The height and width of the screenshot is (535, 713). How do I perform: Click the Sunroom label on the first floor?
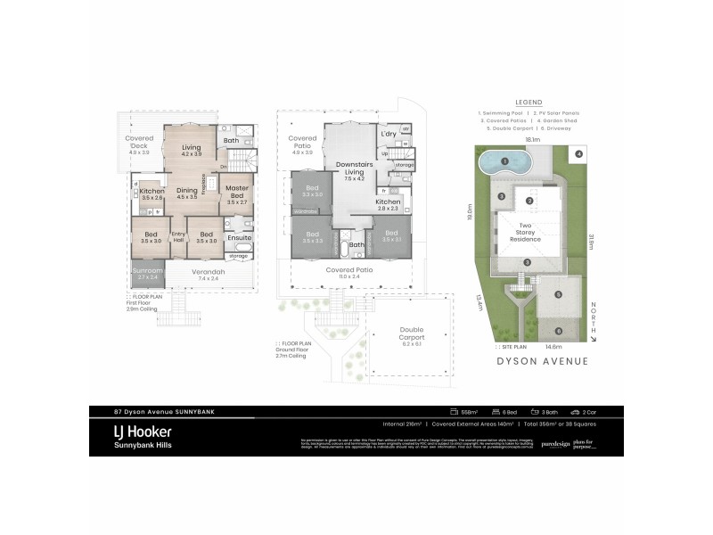tap(145, 272)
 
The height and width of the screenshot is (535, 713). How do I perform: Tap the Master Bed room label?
tap(237, 192)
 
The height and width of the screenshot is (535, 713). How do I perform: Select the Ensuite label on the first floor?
tap(238, 238)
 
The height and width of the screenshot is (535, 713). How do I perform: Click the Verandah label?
tap(208, 272)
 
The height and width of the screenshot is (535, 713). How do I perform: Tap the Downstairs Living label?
tap(354, 169)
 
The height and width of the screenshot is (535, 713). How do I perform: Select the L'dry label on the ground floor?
tap(388, 134)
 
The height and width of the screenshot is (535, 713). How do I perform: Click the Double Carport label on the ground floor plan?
tap(412, 335)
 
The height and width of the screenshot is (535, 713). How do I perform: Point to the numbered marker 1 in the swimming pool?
tap(504, 161)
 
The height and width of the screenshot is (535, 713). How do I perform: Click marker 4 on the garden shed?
tap(578, 154)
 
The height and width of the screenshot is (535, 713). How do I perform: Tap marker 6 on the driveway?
tap(559, 330)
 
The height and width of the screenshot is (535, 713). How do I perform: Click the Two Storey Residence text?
tap(527, 233)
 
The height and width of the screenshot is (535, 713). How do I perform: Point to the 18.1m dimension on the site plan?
tap(532, 140)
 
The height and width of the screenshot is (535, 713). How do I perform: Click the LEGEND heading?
tap(529, 102)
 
